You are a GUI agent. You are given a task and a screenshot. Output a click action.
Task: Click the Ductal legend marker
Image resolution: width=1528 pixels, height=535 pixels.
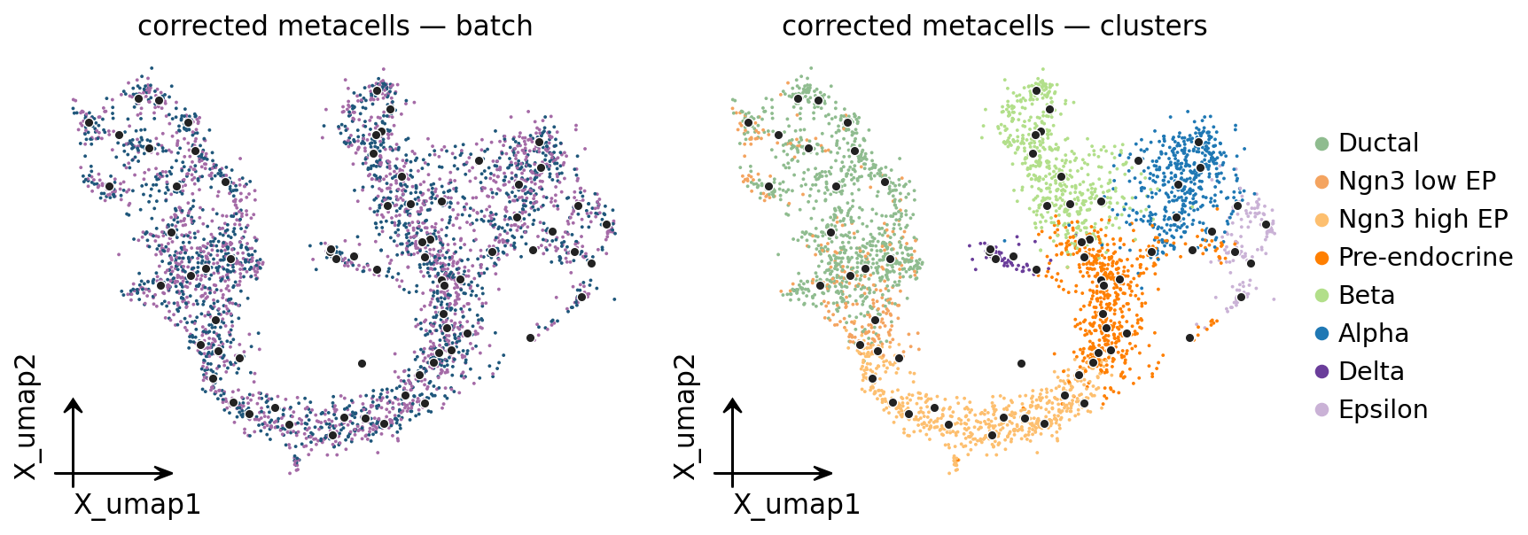tap(1322, 143)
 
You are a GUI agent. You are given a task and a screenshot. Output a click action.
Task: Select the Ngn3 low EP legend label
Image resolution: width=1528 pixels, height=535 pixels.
tap(1417, 181)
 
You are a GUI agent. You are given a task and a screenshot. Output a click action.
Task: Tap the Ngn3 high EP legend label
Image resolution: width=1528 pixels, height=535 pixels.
tap(1423, 219)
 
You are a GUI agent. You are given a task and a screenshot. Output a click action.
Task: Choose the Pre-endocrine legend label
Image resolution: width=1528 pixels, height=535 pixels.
tap(1425, 257)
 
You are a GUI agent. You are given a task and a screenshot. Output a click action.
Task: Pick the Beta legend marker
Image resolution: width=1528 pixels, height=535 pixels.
tap(1322, 296)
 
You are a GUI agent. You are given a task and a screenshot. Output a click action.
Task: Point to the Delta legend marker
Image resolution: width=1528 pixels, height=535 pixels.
tap(1322, 372)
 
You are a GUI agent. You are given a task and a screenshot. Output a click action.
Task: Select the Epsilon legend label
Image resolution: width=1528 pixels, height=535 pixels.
tap(1384, 409)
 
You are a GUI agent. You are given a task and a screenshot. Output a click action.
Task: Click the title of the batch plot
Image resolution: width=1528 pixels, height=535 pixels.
tap(335, 27)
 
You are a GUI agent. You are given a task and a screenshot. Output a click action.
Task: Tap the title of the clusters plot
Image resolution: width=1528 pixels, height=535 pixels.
tap(994, 27)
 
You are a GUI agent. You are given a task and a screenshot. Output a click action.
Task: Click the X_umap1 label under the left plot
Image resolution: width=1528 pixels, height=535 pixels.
tap(137, 504)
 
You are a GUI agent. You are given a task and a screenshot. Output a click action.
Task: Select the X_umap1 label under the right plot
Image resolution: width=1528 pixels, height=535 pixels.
tap(797, 504)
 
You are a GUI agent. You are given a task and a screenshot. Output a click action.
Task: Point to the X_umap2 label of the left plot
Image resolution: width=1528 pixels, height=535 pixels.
tap(27, 417)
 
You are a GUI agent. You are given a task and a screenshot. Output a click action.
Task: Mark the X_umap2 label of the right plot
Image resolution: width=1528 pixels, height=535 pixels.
tap(686, 417)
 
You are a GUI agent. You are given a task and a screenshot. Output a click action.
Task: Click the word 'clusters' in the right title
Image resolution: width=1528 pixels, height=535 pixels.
tap(1154, 27)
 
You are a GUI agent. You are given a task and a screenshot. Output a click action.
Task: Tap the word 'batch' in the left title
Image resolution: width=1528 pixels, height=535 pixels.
tap(495, 27)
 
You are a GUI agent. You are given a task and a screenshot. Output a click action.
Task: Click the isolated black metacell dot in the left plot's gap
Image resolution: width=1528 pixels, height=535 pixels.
tap(362, 363)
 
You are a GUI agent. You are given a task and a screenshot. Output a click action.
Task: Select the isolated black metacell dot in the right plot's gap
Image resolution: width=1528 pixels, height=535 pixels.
tap(1021, 363)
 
